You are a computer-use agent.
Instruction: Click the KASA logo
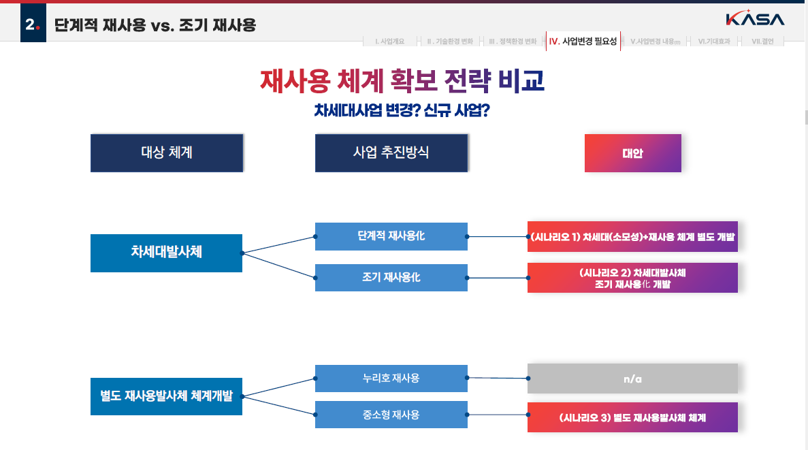coord(754,19)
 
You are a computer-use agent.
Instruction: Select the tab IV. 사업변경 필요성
coord(583,42)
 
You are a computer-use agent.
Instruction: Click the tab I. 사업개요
coord(389,42)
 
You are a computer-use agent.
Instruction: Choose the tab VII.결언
coord(762,42)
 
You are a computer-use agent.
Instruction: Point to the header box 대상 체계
coord(167,152)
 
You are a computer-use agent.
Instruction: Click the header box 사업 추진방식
coord(391,152)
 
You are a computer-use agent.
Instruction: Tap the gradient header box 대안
coord(632,153)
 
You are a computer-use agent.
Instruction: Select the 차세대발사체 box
coord(166,253)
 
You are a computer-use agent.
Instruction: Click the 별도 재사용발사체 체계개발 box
coord(166,396)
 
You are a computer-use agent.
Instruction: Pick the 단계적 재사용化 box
coord(391,236)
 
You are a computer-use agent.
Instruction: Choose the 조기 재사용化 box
coord(391,278)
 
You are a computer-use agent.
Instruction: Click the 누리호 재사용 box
coord(391,379)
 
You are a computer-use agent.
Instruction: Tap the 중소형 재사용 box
coord(391,415)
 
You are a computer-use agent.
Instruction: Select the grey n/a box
coord(632,379)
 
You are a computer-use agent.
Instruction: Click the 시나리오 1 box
coord(632,237)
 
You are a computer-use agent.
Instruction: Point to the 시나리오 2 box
coord(632,278)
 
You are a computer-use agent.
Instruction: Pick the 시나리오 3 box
coord(632,417)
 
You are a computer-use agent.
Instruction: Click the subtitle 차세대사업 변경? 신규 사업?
coord(402,111)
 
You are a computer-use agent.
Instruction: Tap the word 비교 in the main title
coord(521,81)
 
